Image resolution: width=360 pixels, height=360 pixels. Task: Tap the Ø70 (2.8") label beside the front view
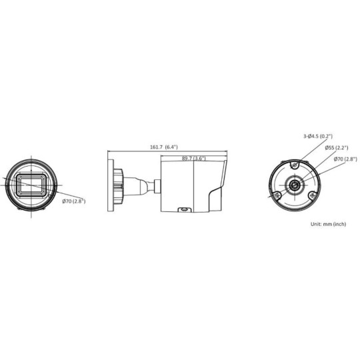coord(73,201)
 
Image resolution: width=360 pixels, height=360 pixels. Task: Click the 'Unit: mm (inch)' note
coord(328,224)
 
